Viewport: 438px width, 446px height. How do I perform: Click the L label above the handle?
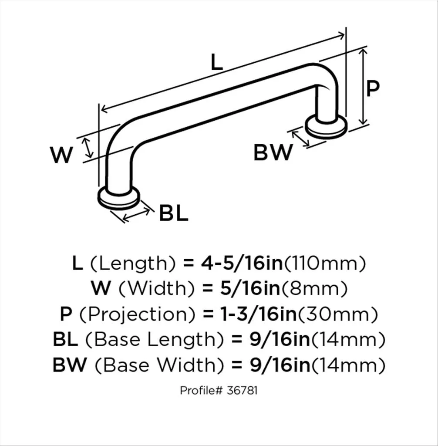point(216,62)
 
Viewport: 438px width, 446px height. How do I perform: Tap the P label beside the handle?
point(372,88)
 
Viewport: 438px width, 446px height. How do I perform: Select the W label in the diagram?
point(61,155)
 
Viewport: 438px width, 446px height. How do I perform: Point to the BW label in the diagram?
point(273,152)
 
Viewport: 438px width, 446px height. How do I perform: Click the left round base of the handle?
point(119,198)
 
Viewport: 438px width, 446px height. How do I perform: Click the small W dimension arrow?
point(88,147)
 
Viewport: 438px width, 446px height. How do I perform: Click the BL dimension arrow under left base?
point(136,214)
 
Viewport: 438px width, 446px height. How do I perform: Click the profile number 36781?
point(242,390)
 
